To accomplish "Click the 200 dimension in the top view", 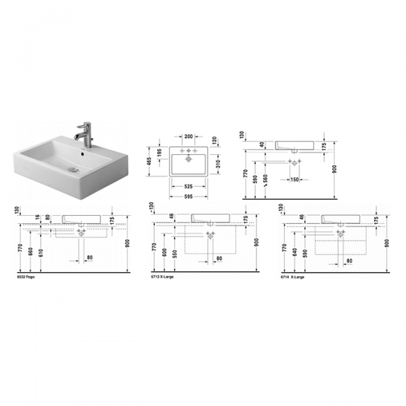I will click(189, 137).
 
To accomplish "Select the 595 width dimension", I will click(189, 197).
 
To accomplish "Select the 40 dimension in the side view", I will click(263, 144).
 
